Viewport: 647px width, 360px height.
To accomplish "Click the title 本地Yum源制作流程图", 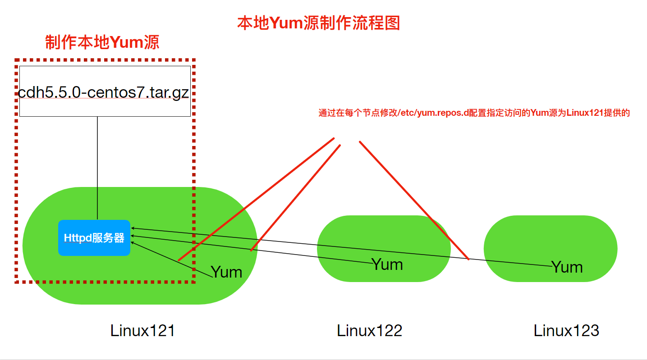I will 318,23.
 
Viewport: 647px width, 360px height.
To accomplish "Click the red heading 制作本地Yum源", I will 102,42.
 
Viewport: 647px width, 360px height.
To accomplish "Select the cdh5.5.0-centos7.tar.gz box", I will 105,91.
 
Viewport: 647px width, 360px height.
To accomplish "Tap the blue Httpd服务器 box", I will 94,238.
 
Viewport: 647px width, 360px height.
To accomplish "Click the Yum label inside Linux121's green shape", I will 226,272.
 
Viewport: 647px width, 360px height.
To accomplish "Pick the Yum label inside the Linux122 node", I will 387,264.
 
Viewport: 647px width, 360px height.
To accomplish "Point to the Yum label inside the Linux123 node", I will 567,267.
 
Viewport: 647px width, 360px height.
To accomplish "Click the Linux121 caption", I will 142,331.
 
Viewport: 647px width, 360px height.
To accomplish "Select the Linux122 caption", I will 369,331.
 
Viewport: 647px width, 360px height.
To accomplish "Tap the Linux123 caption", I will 566,331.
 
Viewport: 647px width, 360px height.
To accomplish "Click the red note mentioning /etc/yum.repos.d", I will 474,114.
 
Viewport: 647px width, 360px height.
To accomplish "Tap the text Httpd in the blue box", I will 77,238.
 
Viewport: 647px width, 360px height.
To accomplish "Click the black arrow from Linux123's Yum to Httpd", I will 316,245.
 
